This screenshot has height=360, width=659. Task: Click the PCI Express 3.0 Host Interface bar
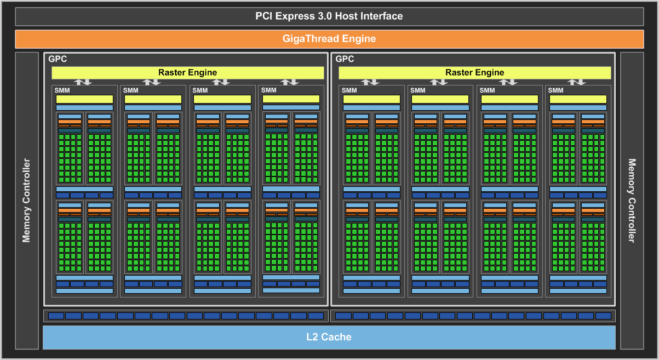[329, 16]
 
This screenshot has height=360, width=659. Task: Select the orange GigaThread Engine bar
[329, 39]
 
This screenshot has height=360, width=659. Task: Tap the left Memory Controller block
[26, 201]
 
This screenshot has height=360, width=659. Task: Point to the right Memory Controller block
[632, 201]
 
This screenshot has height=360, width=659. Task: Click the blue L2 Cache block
[329, 337]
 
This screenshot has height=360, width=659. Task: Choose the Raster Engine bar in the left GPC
[187, 72]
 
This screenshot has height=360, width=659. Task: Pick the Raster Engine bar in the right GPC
[474, 72]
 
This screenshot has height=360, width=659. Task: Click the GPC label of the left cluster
[58, 59]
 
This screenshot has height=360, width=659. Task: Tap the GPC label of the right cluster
[345, 59]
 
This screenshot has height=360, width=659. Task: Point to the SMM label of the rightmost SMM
[555, 90]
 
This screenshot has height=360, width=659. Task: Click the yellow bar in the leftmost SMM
[84, 99]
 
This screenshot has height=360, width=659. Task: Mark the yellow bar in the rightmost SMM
[578, 99]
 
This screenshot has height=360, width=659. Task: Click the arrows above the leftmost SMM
[83, 82]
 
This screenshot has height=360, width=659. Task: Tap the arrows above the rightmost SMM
[577, 82]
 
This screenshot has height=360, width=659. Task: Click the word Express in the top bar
[296, 16]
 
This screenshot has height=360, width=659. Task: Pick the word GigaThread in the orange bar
[311, 39]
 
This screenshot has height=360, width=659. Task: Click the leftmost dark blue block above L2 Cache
[56, 316]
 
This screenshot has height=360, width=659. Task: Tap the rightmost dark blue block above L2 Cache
[603, 316]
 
